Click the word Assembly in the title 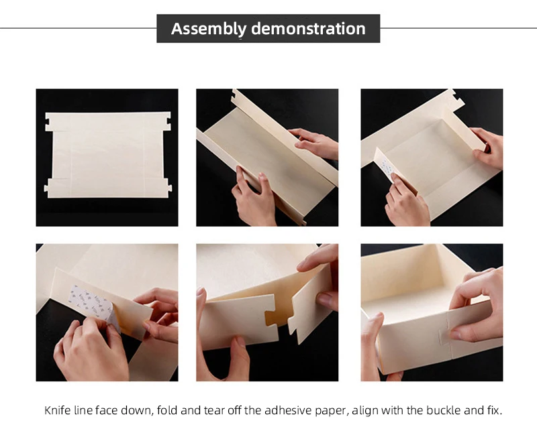coord(209,29)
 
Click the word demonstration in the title coord(308,28)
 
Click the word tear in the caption coord(213,410)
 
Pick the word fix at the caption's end coord(494,410)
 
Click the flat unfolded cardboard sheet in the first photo coord(107,155)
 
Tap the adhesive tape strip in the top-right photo coord(387,170)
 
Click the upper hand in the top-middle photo coord(313,143)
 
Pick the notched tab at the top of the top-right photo coord(456,98)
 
